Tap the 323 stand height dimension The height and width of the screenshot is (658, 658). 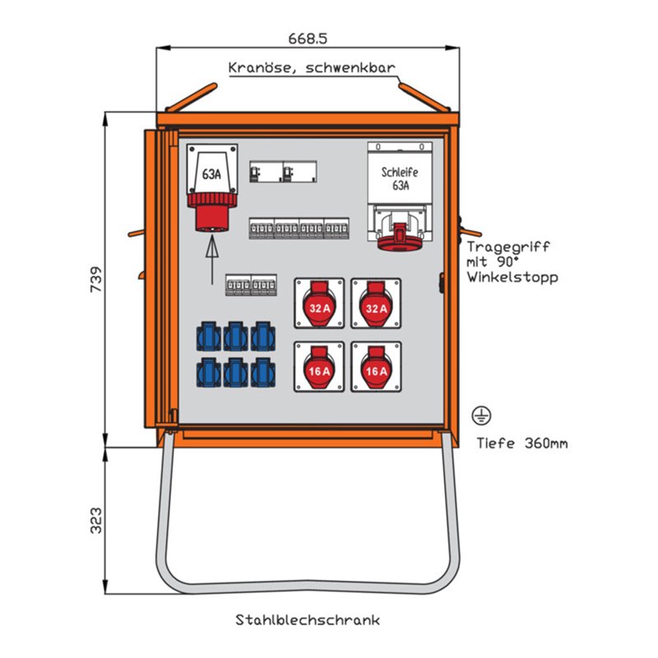pos(95,520)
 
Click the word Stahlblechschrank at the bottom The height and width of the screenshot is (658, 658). pos(308,619)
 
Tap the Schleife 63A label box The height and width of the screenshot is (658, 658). pos(400,178)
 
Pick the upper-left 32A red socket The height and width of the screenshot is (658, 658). pos(320,304)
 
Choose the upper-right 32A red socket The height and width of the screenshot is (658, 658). pos(376,304)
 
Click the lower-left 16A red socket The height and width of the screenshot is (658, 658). pos(320,367)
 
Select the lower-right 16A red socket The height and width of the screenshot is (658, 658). pos(376,367)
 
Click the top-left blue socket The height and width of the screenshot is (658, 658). pos(209,336)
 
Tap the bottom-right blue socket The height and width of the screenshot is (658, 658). pos(263,372)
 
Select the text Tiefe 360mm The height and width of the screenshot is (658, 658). pos(521,443)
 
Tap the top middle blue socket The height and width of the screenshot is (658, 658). pos(236,336)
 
